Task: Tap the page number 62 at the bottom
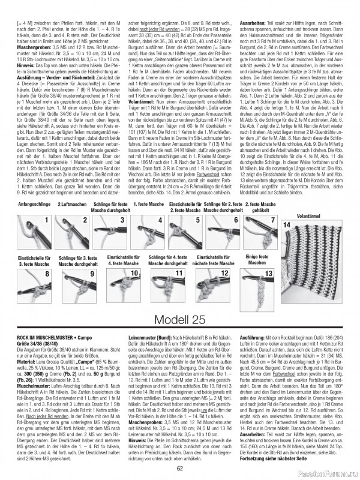pos(179,469)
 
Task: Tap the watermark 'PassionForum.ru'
pos(331,474)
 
